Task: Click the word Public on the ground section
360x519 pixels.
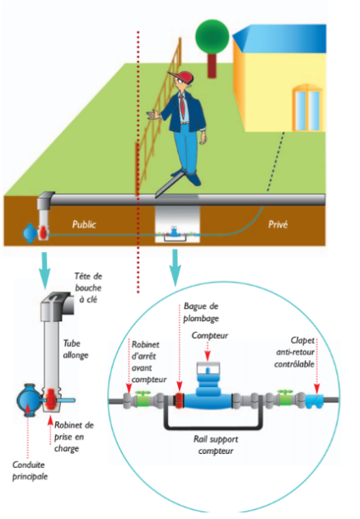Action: (x=84, y=224)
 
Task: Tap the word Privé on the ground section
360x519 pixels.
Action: (x=278, y=224)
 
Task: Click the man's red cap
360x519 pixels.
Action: (x=181, y=77)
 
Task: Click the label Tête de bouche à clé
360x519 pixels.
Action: (x=88, y=288)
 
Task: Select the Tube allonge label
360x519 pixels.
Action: (x=76, y=349)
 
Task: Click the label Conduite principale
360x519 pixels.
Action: (x=30, y=470)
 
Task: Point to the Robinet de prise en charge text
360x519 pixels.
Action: (x=74, y=437)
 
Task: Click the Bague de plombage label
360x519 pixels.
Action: (x=201, y=312)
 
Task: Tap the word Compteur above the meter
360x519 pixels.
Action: (x=210, y=335)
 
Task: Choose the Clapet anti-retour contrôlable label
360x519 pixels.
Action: (x=294, y=353)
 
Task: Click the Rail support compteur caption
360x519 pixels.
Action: (x=216, y=445)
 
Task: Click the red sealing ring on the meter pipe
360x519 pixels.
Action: (x=180, y=400)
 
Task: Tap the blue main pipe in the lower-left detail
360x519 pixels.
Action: (x=30, y=400)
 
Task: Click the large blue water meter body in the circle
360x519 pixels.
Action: (x=208, y=393)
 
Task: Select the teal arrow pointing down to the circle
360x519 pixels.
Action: (x=175, y=268)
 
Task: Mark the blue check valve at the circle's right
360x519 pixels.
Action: (x=314, y=400)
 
